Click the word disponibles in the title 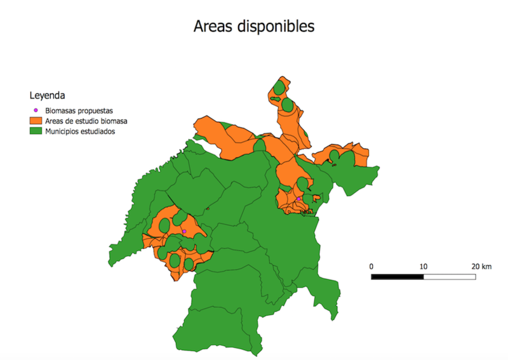[x=276, y=27]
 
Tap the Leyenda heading [x=46, y=96]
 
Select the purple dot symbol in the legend [x=36, y=110]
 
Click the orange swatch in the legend [x=36, y=121]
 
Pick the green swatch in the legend [x=36, y=131]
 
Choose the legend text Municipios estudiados [x=79, y=131]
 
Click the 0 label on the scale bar [x=371, y=266]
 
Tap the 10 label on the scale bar [x=424, y=266]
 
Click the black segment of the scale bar [x=398, y=277]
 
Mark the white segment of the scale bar [x=450, y=277]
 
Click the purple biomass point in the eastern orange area [x=298, y=199]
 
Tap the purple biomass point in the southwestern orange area [x=184, y=231]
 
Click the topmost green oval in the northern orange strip [x=279, y=86]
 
